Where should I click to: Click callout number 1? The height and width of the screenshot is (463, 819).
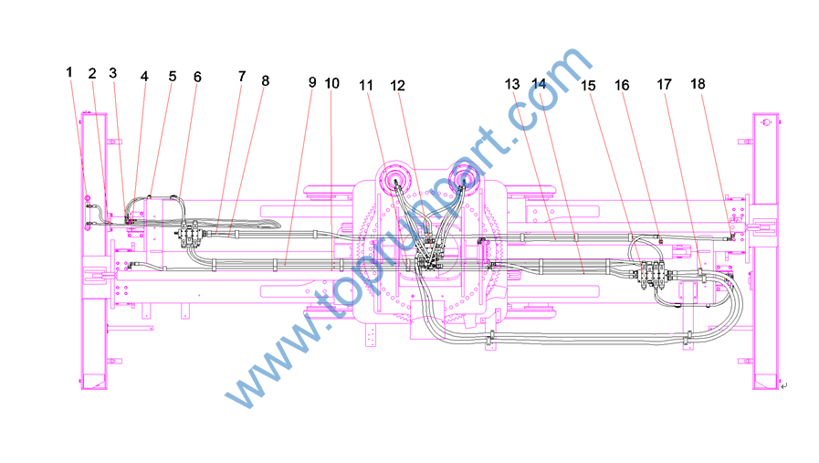click(69, 72)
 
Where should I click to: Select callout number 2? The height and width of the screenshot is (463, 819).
click(92, 74)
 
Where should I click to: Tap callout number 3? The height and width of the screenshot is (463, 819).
click(113, 73)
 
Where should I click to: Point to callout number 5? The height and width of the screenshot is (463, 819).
click(173, 77)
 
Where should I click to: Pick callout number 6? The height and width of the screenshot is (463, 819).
click(197, 77)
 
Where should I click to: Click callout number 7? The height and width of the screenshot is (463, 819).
click(242, 77)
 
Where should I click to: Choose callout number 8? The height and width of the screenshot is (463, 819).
click(266, 81)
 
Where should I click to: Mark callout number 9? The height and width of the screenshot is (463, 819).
click(312, 82)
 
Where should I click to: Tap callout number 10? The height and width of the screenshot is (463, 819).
click(332, 83)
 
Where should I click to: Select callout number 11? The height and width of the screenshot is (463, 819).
click(366, 85)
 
